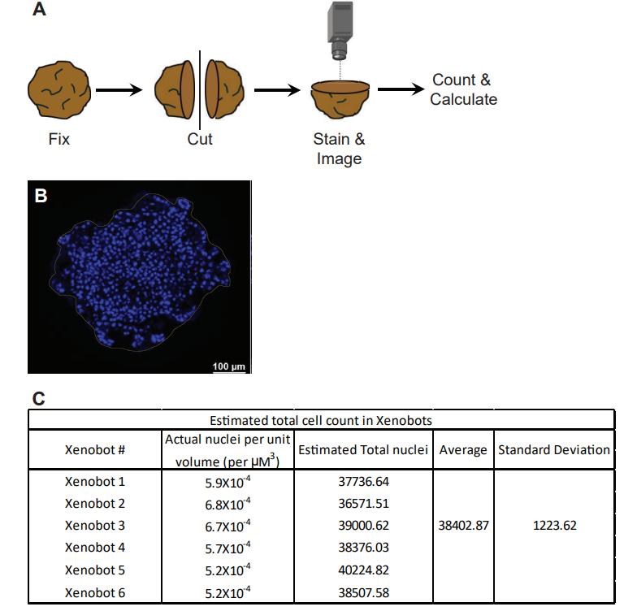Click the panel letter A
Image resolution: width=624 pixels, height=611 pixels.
click(x=38, y=12)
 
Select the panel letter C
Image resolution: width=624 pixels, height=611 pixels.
click(x=38, y=398)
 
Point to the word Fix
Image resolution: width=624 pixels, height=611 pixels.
click(x=59, y=139)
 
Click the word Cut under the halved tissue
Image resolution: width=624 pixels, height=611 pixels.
click(x=200, y=139)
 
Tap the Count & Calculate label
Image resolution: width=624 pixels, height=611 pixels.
click(x=463, y=89)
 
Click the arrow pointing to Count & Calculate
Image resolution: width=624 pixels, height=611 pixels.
click(x=400, y=89)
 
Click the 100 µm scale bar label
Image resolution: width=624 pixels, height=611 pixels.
click(x=228, y=366)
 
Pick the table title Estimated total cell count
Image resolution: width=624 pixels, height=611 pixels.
click(x=320, y=420)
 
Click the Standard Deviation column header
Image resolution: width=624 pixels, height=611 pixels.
click(x=554, y=449)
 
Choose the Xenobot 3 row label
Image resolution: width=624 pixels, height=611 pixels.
click(x=95, y=526)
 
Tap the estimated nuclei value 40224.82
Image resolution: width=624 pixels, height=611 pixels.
click(x=364, y=570)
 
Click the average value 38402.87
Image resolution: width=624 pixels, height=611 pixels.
click(x=462, y=525)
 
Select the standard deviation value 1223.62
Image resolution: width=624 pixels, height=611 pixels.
click(x=554, y=525)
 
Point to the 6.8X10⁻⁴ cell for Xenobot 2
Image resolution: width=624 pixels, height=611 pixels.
click(x=227, y=504)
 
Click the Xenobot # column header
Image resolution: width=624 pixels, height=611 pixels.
click(x=95, y=449)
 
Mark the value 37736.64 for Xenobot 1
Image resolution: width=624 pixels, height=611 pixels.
click(x=364, y=481)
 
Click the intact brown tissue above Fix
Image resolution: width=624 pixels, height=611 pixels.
click(x=58, y=89)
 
